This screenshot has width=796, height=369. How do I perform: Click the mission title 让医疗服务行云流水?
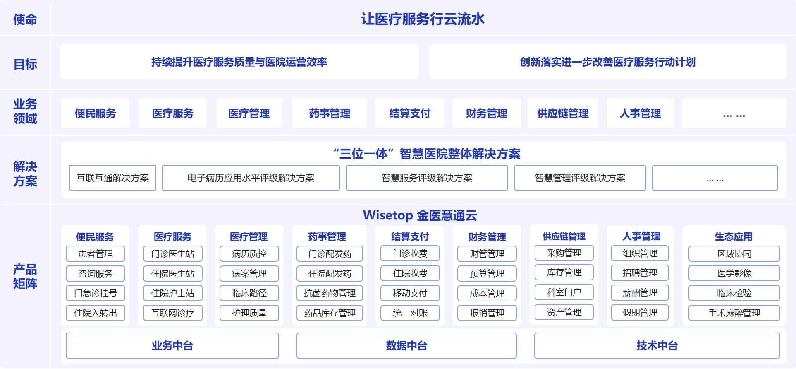coord(423,19)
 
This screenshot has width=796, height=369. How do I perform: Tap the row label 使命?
coord(25,19)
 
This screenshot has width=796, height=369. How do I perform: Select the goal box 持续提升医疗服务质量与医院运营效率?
coord(239,62)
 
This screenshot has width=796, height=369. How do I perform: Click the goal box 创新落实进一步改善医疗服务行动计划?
coord(608,62)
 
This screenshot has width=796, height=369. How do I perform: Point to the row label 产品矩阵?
coord(25,277)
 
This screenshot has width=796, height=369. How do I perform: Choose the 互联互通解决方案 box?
coord(112,178)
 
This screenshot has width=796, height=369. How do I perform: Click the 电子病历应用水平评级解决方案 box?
coord(251,178)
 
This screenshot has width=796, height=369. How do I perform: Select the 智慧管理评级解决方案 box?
coord(580,178)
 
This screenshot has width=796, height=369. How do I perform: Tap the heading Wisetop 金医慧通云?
coord(420,215)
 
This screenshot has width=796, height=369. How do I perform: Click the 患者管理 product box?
coord(96,253)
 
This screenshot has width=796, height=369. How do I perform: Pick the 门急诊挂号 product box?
coord(96,293)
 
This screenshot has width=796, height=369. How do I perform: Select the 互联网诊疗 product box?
coord(173,313)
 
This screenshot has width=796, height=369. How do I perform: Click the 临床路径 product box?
coord(249,293)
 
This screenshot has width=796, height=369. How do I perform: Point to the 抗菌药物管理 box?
coord(330,293)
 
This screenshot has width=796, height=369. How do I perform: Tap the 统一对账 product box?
coord(410,313)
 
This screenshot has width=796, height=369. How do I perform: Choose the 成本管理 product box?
coord(487,293)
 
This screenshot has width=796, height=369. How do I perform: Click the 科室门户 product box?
coord(564,292)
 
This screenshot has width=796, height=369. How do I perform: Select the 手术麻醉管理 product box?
coord(734,313)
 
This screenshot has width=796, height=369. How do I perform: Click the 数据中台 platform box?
coord(406,345)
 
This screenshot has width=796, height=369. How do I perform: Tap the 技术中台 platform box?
coord(657,345)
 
